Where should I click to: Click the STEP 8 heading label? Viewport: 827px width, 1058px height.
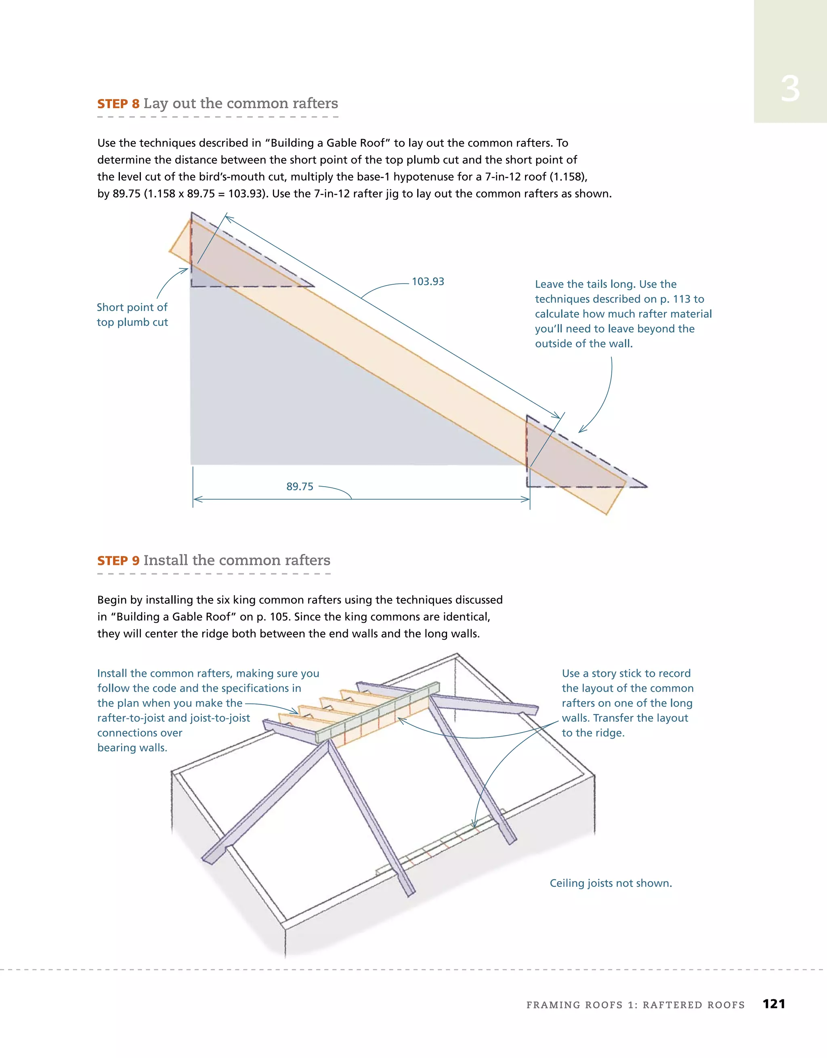pyautogui.click(x=118, y=104)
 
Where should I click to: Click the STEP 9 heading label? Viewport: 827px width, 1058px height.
pyautogui.click(x=118, y=560)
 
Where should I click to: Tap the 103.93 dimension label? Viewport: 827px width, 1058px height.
pyautogui.click(x=427, y=281)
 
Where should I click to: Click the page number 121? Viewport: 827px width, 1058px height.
pyautogui.click(x=774, y=1004)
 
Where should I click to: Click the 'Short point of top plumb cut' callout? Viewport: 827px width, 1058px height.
pyautogui.click(x=132, y=315)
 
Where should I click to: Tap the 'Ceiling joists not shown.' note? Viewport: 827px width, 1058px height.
pyautogui.click(x=611, y=883)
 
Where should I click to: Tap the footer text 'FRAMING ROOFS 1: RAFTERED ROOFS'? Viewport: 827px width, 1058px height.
pyautogui.click(x=635, y=1005)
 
